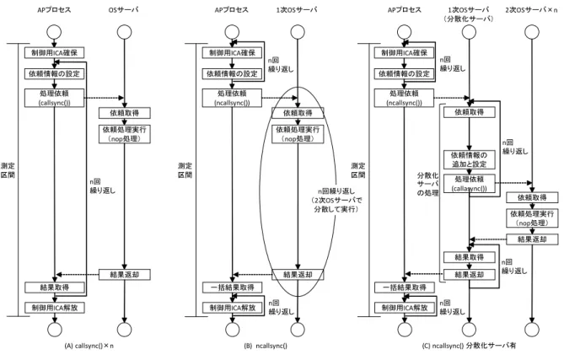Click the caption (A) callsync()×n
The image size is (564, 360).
tap(89, 346)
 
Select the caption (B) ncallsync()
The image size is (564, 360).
tap(266, 346)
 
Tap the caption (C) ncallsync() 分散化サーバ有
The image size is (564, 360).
tap(469, 346)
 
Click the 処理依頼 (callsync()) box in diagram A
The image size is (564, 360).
tap(54, 98)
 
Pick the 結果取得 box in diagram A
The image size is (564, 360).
tap(54, 287)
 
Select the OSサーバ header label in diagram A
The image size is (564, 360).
tap(124, 10)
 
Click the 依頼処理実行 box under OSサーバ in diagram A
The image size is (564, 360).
tap(125, 134)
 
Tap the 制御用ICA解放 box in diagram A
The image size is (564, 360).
tap(54, 308)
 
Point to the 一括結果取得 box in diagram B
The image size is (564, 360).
tap(233, 287)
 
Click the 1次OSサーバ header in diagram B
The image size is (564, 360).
tap(297, 10)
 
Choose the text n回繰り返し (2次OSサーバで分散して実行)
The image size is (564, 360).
tap(336, 200)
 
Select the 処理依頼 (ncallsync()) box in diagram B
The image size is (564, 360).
tap(232, 98)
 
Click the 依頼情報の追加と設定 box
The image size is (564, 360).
tap(469, 159)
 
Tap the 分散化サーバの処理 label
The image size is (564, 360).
tap(427, 184)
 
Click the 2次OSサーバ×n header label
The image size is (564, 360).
tap(531, 10)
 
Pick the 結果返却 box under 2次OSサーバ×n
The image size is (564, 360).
tap(532, 239)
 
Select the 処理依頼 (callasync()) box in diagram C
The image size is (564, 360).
tap(469, 184)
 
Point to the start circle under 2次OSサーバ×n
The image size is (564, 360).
tap(532, 32)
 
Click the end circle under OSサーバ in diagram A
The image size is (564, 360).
tap(125, 329)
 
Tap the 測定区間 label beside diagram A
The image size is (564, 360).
tap(8, 170)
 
